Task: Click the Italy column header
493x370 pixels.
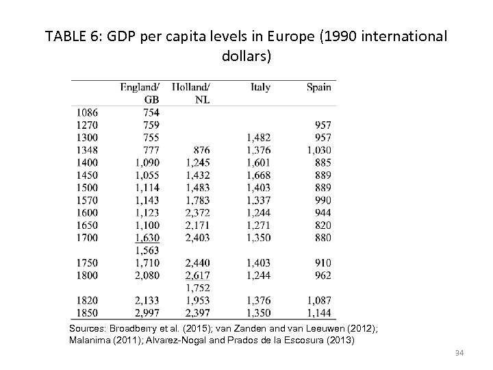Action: (260, 87)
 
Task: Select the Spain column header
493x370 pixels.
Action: (318, 87)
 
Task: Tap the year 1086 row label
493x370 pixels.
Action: (87, 112)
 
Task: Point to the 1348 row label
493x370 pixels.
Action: (87, 150)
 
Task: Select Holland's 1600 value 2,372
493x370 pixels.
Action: (197, 212)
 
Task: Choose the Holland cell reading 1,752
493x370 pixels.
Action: (197, 288)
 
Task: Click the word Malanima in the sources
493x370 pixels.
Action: (92, 341)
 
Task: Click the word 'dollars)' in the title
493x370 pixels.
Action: (246, 56)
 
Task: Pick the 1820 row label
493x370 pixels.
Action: (87, 300)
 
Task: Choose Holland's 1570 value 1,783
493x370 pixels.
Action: (197, 200)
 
